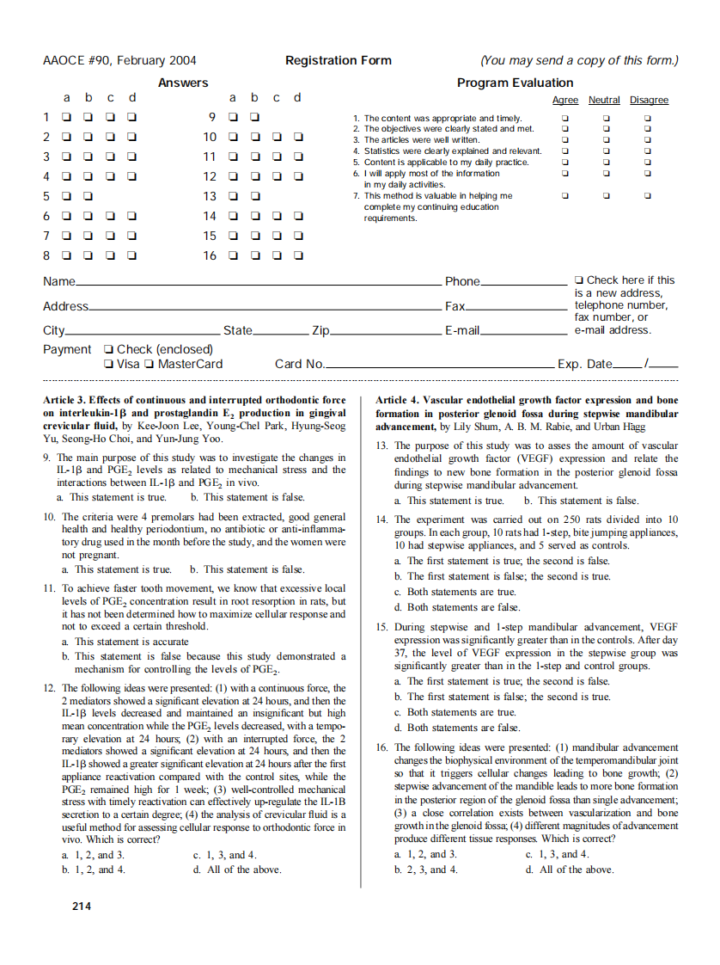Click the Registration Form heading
338,60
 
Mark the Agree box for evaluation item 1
564,118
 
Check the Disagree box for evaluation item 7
648,195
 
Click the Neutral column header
604,101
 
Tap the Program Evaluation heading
515,83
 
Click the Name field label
58,281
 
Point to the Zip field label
320,330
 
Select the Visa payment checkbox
109,364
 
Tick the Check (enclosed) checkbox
109,349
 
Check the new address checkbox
580,280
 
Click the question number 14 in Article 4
382,519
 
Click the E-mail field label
461,330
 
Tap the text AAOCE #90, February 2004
119,60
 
